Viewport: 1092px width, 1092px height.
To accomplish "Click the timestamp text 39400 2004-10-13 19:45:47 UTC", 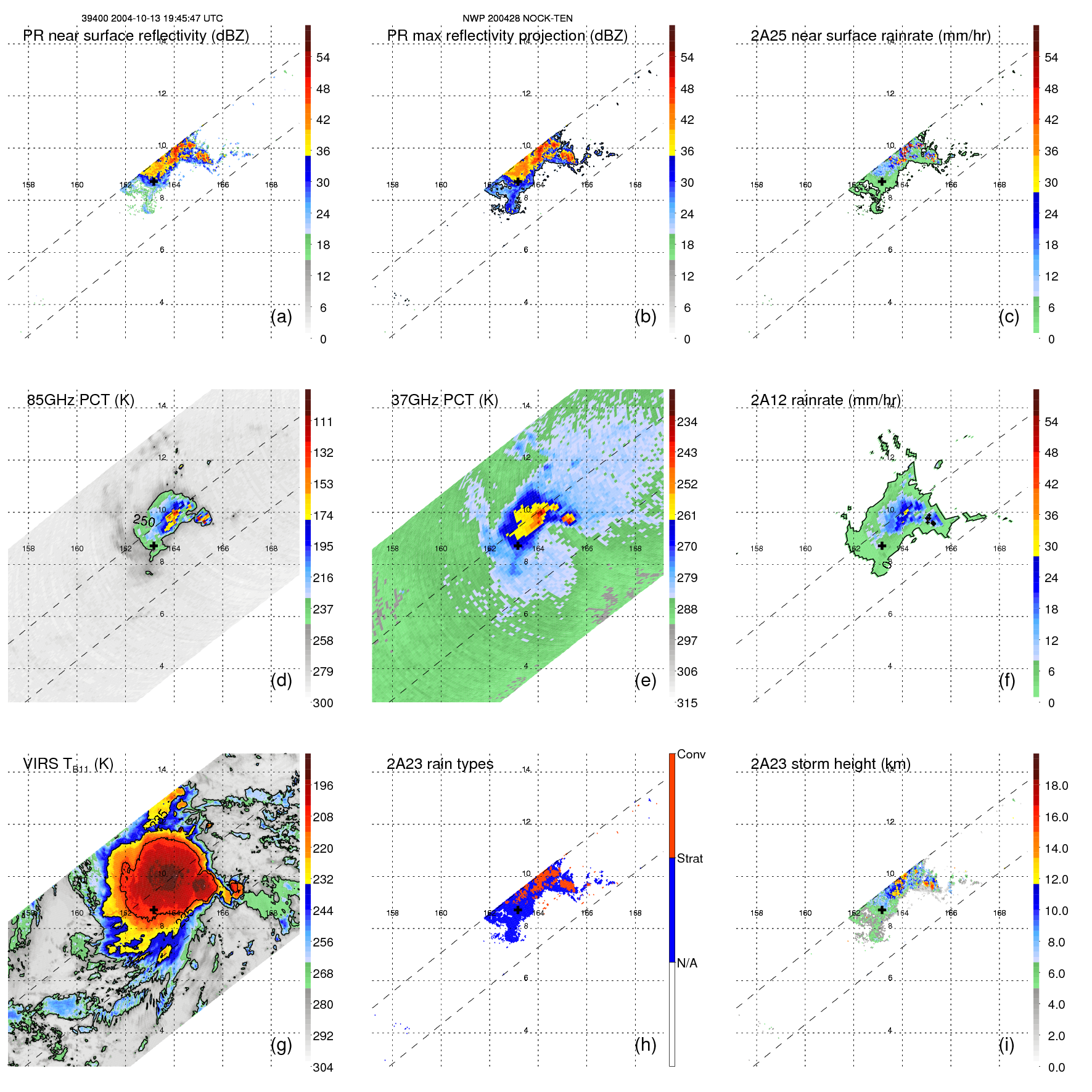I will tap(152, 18).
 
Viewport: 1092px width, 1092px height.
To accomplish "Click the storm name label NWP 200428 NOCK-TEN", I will tap(517, 18).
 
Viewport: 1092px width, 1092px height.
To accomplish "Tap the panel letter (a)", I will tap(281, 316).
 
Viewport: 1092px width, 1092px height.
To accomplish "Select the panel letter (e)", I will tap(645, 680).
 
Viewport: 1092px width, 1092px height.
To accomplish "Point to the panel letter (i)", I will tap(1006, 1045).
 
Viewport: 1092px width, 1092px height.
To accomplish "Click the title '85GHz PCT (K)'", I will tap(80, 400).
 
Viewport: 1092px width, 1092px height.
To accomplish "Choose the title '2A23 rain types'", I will tap(440, 764).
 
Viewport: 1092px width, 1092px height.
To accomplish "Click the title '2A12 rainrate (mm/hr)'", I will tap(825, 400).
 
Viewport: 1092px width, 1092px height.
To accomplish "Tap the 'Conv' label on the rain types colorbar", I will tap(691, 754).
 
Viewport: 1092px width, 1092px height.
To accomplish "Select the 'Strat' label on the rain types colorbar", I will tap(690, 858).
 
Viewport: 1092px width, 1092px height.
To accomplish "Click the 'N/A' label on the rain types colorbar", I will tap(687, 963).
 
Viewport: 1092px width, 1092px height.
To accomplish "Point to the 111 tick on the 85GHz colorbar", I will tap(323, 422).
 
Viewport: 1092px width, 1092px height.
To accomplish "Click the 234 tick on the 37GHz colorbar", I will tap(687, 422).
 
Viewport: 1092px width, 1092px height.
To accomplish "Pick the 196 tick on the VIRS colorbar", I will tap(323, 786).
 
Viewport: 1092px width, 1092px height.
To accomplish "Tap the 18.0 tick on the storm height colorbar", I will tap(1056, 786).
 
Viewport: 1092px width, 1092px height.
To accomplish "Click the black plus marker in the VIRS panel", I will tap(154, 909).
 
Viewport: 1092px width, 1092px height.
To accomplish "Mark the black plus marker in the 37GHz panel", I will tap(518, 546).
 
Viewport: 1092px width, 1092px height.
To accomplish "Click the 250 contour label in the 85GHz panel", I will tap(144, 521).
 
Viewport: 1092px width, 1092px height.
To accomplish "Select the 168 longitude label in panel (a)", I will tap(271, 184).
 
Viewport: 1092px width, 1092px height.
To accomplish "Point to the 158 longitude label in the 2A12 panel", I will tap(757, 548).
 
